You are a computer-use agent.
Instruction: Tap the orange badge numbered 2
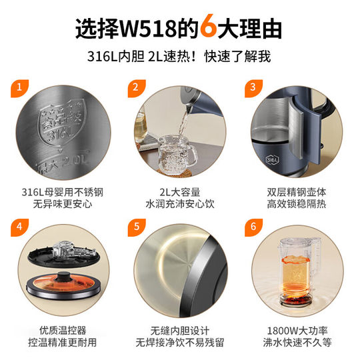135,87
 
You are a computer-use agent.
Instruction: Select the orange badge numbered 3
253,87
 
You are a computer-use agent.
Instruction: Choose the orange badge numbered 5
135,225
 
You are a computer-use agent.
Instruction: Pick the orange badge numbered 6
253,225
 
